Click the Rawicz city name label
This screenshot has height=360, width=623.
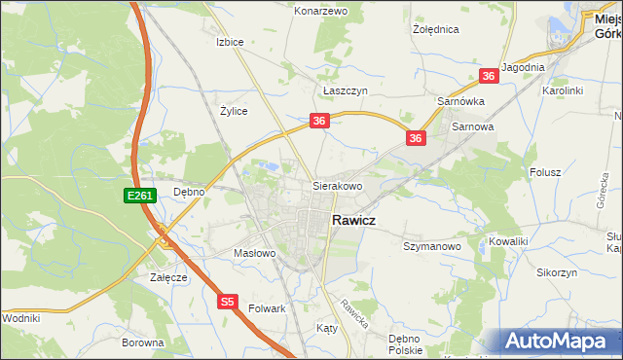(362, 221)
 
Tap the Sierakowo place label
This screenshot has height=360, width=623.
(337, 185)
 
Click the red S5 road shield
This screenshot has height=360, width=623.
(228, 303)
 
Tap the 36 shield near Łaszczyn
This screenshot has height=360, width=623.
(320, 121)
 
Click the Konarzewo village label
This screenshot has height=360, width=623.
(321, 11)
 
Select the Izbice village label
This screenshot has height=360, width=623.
(230, 43)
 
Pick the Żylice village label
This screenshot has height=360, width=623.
(234, 111)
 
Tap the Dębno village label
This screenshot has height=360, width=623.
(189, 192)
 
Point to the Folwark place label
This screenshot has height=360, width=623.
(267, 308)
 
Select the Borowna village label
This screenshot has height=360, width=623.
(142, 342)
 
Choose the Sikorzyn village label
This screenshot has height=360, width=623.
(556, 273)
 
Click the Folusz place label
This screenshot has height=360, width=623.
(546, 172)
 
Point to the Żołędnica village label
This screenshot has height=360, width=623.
(435, 30)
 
